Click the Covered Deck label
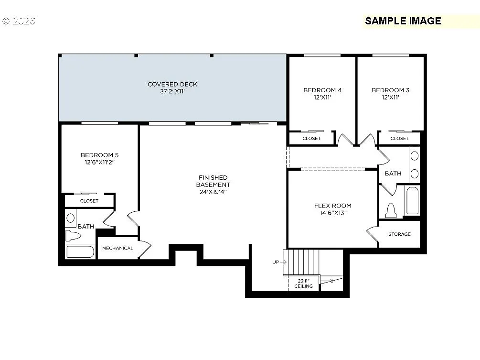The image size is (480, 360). click(x=172, y=85)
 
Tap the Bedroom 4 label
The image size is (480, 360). click(x=322, y=90)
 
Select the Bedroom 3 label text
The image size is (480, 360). click(x=390, y=90)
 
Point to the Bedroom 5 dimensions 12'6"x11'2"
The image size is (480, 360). click(x=99, y=162)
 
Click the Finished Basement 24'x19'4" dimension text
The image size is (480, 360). click(x=213, y=192)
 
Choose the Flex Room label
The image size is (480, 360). click(x=332, y=206)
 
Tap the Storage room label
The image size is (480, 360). click(x=399, y=234)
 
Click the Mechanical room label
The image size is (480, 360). click(x=117, y=248)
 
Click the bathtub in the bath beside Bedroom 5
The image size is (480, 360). click(x=80, y=251)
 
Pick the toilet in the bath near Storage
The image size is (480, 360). click(x=391, y=210)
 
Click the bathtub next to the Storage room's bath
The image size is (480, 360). click(x=412, y=201)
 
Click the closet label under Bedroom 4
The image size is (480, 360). click(x=311, y=138)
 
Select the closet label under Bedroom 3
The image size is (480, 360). click(x=399, y=138)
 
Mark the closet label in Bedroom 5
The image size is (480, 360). click(x=89, y=201)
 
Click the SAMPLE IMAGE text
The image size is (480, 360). click(x=403, y=21)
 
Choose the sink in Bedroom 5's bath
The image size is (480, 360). click(x=71, y=218)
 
